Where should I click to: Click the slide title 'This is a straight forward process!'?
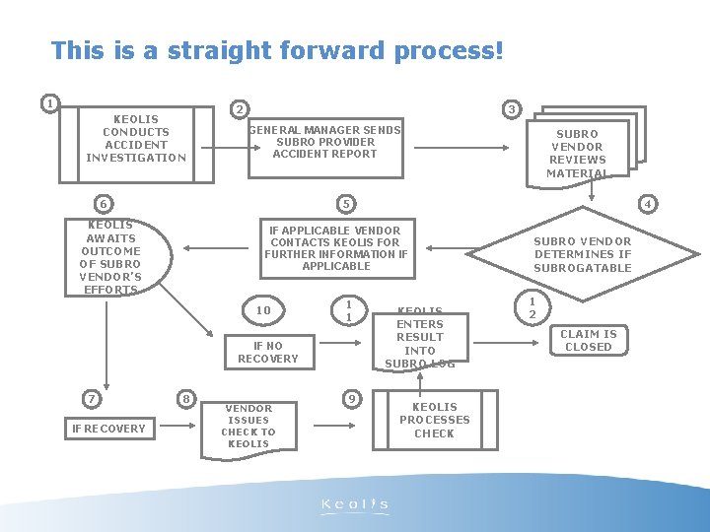(x=277, y=50)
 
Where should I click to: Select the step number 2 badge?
(x=239, y=109)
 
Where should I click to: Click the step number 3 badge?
(x=511, y=109)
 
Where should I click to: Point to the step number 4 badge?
(x=648, y=204)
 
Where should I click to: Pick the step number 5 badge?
(x=345, y=204)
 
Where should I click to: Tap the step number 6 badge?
(x=102, y=204)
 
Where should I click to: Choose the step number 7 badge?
(x=91, y=399)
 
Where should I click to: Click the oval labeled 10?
(x=263, y=311)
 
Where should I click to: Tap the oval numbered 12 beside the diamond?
(x=532, y=308)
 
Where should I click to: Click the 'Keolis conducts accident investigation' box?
(x=136, y=139)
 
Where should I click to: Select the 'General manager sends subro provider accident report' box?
(x=324, y=142)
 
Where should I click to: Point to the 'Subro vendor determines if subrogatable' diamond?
(x=582, y=254)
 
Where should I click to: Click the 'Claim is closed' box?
(x=589, y=341)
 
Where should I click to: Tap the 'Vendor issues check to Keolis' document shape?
(x=248, y=426)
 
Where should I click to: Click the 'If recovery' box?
(x=108, y=429)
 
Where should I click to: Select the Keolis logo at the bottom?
(x=355, y=505)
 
